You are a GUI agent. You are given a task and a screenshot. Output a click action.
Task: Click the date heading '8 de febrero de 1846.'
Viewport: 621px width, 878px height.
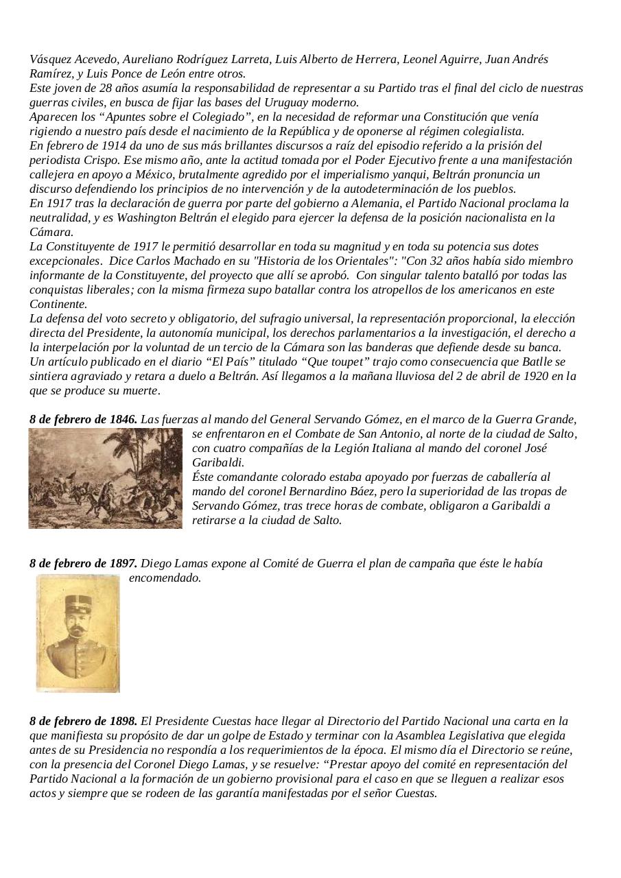point(83,419)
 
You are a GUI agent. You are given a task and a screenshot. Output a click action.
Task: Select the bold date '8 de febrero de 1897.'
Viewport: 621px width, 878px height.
point(83,564)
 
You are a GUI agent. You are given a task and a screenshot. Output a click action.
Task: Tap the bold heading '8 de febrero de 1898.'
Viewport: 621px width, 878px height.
point(83,721)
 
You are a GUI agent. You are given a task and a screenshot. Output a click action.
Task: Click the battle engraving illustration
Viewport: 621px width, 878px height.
point(106,478)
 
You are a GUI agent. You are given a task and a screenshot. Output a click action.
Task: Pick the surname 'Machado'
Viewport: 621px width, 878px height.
point(210,261)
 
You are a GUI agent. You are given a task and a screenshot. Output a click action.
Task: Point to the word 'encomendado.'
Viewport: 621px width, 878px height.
point(165,578)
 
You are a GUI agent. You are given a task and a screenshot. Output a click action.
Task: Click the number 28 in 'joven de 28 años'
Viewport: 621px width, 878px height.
point(101,88)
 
